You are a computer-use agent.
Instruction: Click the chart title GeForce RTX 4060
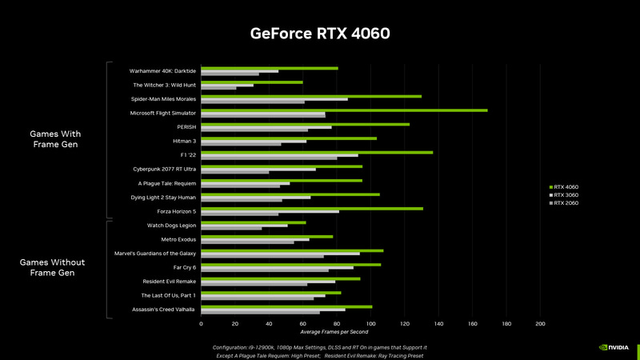320,34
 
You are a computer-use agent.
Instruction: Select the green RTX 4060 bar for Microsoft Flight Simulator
344,110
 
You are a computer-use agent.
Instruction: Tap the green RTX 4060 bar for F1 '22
317,152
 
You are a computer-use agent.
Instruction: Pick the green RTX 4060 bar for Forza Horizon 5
312,208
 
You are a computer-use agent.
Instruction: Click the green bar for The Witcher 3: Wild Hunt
252,82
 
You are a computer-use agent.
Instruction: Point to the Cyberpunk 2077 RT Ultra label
165,169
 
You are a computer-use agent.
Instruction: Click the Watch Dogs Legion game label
171,225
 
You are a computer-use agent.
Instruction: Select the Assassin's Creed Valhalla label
164,309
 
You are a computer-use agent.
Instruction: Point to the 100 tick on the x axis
370,324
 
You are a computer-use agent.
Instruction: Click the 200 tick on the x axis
540,324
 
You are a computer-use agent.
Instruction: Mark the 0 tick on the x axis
201,324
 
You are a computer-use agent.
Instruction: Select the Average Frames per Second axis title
334,332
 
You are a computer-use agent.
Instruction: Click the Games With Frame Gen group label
55,139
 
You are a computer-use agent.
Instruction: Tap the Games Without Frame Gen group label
52,267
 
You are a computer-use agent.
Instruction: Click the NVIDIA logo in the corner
614,348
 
